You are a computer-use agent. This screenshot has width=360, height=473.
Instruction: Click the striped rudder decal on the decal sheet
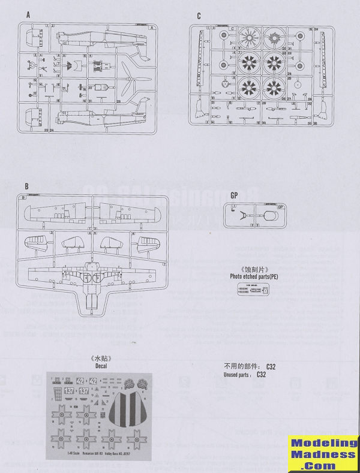tap(126, 408)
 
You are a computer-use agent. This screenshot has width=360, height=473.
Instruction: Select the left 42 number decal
tap(79, 380)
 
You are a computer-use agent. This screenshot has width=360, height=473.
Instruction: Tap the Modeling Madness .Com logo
tap(323, 454)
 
